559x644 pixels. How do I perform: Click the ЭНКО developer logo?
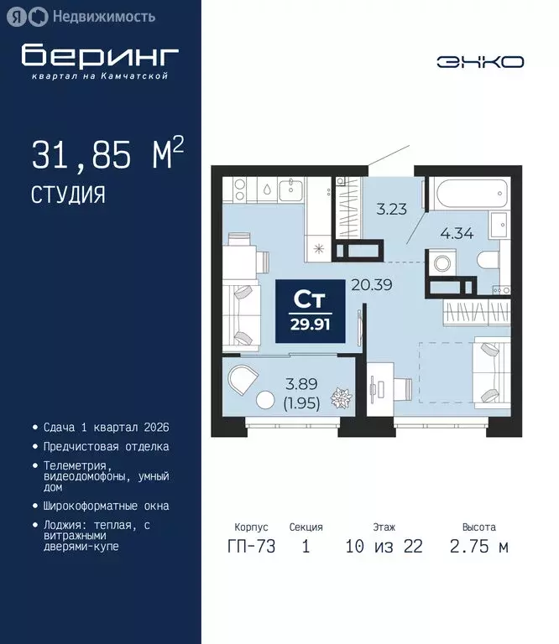pos(480,61)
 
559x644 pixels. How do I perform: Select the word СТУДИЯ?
pos(68,195)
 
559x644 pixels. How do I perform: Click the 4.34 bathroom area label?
pos(457,234)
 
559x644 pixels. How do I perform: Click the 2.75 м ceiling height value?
pos(478,548)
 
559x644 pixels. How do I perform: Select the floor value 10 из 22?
pos(384,548)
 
